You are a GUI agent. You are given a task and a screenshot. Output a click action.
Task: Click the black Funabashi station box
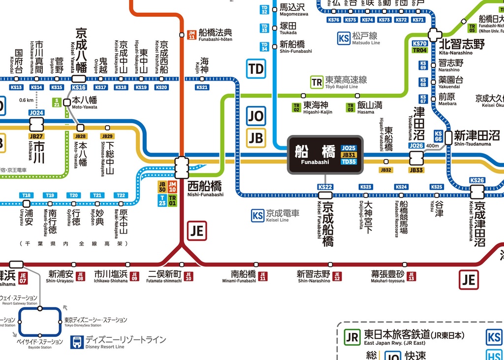point(325,155)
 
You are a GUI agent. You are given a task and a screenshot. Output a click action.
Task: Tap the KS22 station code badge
point(325,187)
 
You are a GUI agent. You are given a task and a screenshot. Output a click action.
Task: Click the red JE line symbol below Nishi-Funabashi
point(197,230)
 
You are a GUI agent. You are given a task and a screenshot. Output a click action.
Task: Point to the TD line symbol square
point(256,69)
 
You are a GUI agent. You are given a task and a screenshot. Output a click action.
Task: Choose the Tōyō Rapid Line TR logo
point(316,82)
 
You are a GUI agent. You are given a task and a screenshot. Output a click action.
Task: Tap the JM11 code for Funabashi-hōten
point(192,34)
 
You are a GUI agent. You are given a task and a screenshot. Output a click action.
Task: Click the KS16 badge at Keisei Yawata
point(79,88)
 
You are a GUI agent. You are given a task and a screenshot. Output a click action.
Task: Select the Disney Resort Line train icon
point(77,342)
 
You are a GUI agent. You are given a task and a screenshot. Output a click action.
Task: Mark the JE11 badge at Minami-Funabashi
point(263,276)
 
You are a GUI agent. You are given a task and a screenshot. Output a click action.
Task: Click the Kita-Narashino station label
point(462,45)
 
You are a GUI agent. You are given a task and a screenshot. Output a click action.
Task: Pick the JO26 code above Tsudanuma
point(416,146)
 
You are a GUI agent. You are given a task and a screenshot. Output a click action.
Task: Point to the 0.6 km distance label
point(26,100)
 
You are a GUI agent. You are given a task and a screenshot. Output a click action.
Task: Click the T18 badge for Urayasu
point(27,196)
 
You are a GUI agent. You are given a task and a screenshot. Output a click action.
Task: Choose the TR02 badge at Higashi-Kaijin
point(296,107)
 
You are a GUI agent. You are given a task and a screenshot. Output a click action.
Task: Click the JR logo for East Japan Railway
point(352,337)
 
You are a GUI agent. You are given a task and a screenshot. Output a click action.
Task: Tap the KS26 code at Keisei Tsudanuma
point(477,181)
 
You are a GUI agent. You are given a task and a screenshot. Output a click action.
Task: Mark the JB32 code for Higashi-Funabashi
point(386,170)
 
